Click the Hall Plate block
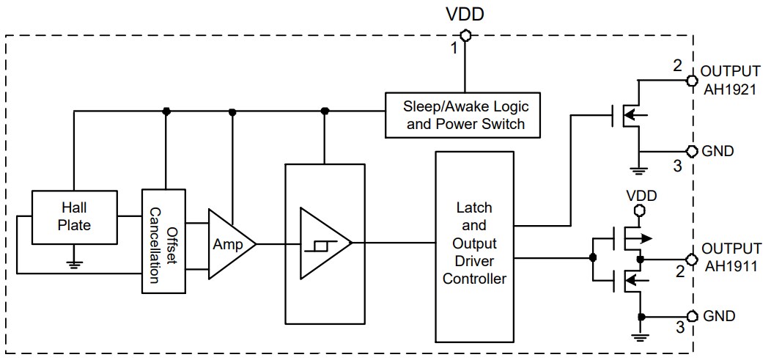pyautogui.click(x=74, y=218)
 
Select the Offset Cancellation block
pyautogui.click(x=164, y=240)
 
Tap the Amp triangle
pyautogui.click(x=229, y=244)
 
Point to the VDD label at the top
pyautogui.click(x=465, y=14)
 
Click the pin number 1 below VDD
pyautogui.click(x=454, y=48)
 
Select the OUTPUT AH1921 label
pyautogui.click(x=730, y=80)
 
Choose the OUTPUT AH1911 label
pyautogui.click(x=730, y=257)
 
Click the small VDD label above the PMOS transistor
pyautogui.click(x=641, y=196)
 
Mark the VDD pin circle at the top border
pyautogui.click(x=465, y=34)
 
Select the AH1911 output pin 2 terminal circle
pyautogui.click(x=690, y=258)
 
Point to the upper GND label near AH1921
pyautogui.click(x=718, y=151)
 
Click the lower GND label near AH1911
pyautogui.click(x=718, y=317)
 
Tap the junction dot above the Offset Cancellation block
pyautogui.click(x=166, y=111)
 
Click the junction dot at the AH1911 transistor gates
pyautogui.click(x=592, y=258)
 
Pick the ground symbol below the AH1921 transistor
pyautogui.click(x=641, y=172)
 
